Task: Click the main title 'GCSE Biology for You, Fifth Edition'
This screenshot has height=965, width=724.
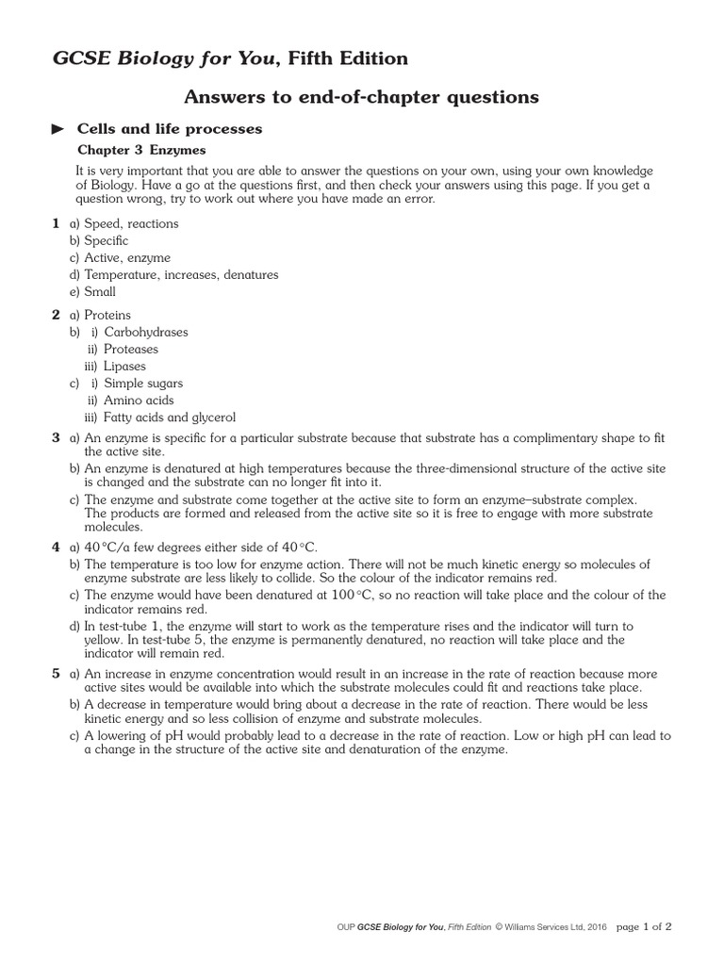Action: tap(230, 59)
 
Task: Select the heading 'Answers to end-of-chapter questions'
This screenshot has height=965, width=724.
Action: tap(361, 96)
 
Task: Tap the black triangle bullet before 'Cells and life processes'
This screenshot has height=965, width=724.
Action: tap(58, 129)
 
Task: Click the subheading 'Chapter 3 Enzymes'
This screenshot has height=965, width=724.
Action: tap(140, 150)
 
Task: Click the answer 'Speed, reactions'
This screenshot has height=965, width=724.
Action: tap(131, 223)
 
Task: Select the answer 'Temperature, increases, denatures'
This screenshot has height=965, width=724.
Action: tap(181, 274)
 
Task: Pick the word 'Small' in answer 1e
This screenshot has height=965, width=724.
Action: tap(100, 291)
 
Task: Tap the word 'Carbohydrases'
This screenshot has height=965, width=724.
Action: tap(146, 332)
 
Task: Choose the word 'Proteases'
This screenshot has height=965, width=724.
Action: tap(131, 349)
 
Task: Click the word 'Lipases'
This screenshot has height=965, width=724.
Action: tap(125, 366)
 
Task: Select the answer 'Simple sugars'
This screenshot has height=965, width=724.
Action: tap(143, 384)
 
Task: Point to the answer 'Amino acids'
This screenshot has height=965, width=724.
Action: tap(139, 401)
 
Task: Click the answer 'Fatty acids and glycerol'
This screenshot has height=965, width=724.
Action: tap(170, 417)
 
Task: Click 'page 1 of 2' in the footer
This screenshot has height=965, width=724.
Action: tap(644, 926)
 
